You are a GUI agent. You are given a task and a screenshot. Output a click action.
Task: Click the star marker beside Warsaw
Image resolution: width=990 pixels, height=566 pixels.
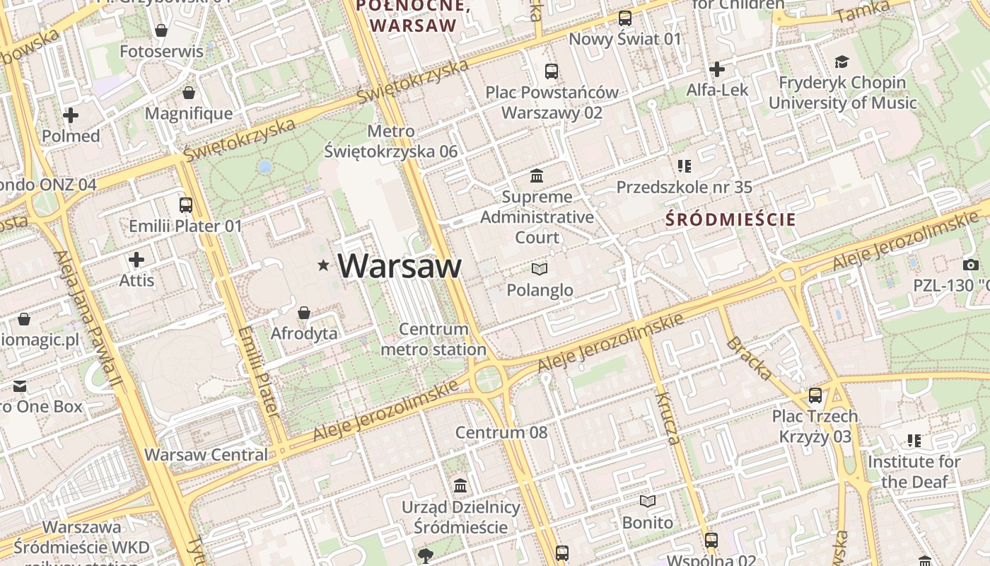(323, 266)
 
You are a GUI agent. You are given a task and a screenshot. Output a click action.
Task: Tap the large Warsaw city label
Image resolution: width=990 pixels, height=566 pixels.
(400, 266)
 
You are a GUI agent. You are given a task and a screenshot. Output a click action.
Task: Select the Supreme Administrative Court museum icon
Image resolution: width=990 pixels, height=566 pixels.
(537, 175)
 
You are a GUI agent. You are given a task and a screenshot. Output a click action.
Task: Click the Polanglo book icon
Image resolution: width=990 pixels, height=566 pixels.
(540, 269)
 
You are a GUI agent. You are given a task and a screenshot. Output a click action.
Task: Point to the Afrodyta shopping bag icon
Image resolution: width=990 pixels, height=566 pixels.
(304, 313)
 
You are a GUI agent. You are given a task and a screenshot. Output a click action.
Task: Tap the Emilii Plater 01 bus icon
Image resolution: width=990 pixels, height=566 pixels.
(186, 205)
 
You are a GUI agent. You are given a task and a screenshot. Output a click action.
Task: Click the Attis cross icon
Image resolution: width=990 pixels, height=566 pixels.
(136, 260)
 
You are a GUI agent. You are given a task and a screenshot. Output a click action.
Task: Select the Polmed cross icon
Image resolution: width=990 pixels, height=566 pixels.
(71, 115)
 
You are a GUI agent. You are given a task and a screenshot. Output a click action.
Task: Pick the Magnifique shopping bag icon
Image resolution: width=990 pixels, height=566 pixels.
(189, 93)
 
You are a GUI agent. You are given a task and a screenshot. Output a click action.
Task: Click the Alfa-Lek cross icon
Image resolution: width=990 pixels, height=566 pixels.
(717, 69)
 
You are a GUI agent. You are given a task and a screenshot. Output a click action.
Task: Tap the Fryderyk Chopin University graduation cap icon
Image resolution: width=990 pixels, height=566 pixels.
(841, 62)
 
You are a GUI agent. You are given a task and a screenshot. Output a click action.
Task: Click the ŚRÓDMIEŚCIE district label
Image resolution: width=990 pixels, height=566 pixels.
(731, 219)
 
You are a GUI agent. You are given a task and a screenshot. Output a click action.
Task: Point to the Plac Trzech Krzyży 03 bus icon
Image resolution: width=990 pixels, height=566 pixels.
(815, 395)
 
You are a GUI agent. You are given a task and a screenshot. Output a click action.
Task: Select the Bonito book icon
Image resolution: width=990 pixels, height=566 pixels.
(647, 502)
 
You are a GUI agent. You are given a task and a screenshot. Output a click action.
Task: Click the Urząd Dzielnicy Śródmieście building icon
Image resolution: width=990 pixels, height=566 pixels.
(460, 485)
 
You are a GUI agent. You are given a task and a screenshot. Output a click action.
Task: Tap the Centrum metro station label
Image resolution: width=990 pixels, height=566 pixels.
(433, 340)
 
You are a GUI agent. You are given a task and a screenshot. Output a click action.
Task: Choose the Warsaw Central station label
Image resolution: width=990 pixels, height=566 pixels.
(206, 454)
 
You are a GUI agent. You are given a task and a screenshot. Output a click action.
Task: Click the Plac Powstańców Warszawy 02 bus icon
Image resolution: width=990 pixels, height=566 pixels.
(552, 71)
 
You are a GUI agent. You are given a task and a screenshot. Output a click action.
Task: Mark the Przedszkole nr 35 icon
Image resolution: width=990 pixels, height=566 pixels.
(684, 166)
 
